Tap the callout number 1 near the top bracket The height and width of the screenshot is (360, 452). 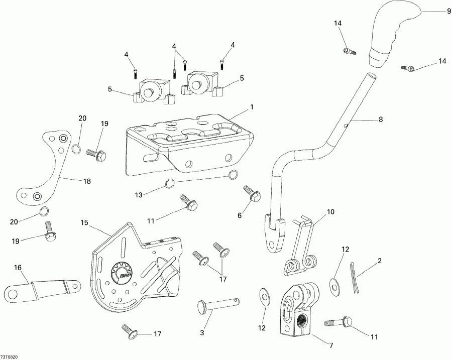[x=252, y=107]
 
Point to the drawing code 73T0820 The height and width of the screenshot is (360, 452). [x=10, y=356]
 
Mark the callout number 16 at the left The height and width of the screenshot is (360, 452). [x=18, y=269]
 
